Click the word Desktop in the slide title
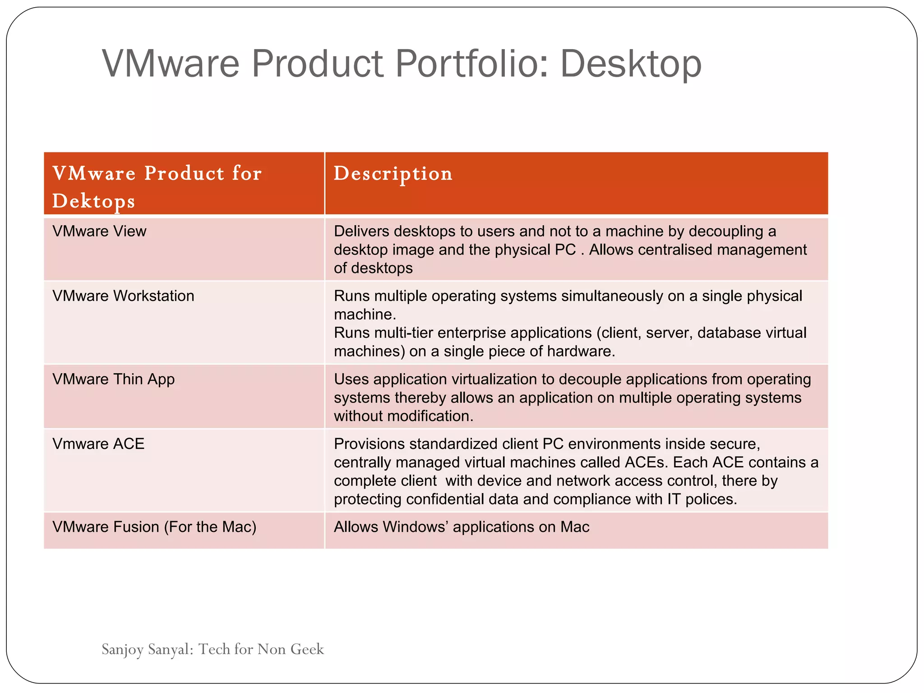pyautogui.click(x=631, y=64)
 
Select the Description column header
pyautogui.click(x=393, y=174)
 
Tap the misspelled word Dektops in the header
pyautogui.click(x=93, y=201)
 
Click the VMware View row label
pyautogui.click(x=99, y=231)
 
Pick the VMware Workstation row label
pyautogui.click(x=123, y=296)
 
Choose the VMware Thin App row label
pyautogui.click(x=113, y=379)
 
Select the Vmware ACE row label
pyautogui.click(x=98, y=444)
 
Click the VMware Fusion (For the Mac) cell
pyautogui.click(x=154, y=527)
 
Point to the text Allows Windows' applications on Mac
pyautogui.click(x=461, y=527)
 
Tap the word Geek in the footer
pyautogui.click(x=307, y=649)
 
